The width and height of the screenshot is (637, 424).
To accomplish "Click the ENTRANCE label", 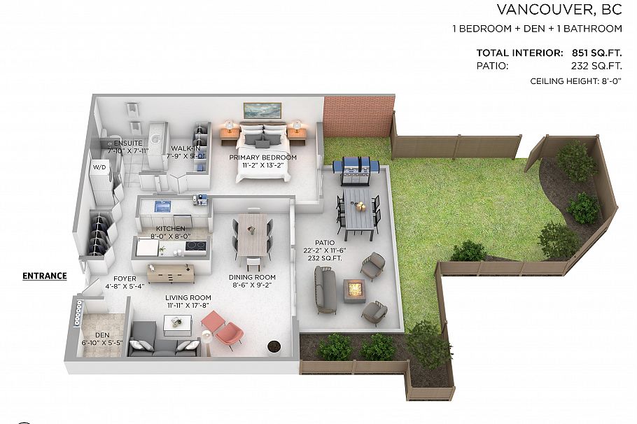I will [x=45, y=276].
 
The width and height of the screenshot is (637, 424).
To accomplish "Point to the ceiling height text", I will [x=576, y=82].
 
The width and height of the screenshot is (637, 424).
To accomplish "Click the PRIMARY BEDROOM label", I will [x=263, y=157].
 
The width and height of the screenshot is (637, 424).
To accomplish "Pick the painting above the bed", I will [x=262, y=110].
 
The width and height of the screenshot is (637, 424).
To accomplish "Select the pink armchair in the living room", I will [x=224, y=329].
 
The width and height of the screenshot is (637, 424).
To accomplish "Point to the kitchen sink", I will [x=164, y=206].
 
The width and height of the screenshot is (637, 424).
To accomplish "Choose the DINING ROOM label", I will [x=252, y=277].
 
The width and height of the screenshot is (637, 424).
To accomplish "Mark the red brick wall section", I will [x=356, y=116].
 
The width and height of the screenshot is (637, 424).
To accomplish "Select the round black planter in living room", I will [x=274, y=346].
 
